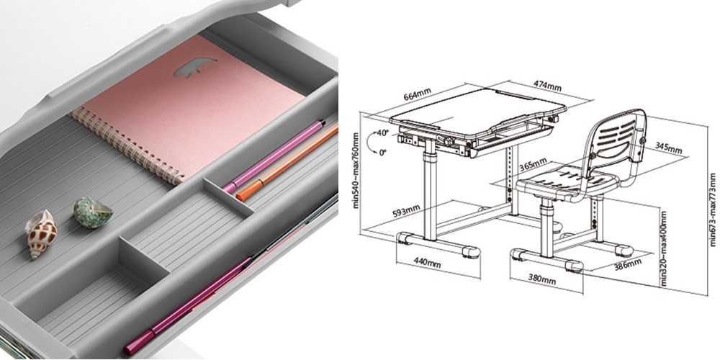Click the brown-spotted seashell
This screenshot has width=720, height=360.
click(x=41, y=234)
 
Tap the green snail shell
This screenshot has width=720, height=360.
click(x=93, y=212)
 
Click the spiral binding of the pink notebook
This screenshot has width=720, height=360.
click(x=128, y=145)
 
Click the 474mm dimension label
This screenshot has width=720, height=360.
click(x=547, y=86)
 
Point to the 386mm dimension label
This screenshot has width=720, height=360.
click(x=627, y=264)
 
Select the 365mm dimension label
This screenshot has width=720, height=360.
click(x=533, y=165)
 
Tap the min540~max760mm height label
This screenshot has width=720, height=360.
click(x=356, y=171)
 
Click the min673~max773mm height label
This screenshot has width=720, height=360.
click(x=712, y=210)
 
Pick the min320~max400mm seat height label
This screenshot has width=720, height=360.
click(x=663, y=248)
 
